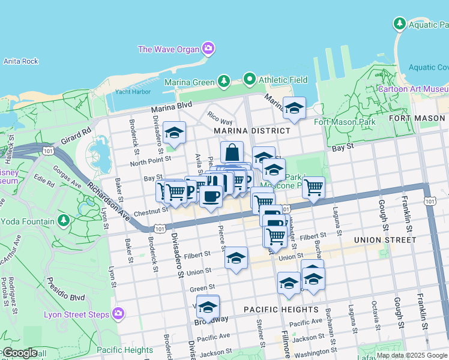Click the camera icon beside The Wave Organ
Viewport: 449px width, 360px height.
point(208,49)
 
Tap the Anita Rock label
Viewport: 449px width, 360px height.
point(20,61)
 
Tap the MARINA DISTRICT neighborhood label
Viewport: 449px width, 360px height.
point(252,130)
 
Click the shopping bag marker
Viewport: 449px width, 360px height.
point(232,152)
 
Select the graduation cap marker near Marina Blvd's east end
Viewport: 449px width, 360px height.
point(294,108)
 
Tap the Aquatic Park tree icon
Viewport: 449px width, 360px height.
point(399,24)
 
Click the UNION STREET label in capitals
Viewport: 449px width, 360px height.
point(385,240)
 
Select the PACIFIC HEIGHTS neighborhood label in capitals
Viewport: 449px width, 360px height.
point(281,310)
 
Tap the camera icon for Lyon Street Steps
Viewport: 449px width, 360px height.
point(118,313)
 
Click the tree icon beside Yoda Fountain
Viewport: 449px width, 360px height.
point(64,220)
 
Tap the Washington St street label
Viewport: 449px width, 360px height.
point(312,353)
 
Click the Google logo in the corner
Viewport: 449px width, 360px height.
point(20,352)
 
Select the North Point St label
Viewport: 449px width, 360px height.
point(151,160)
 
